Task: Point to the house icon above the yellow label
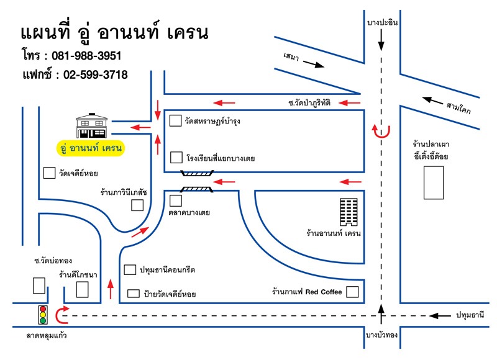click(91, 126)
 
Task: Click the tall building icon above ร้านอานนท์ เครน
click(349, 212)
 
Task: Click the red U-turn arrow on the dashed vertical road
click(381, 130)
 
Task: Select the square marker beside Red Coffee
click(352, 291)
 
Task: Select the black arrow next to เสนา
click(312, 64)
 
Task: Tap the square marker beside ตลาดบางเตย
click(175, 200)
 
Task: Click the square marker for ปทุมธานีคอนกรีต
click(130, 270)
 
